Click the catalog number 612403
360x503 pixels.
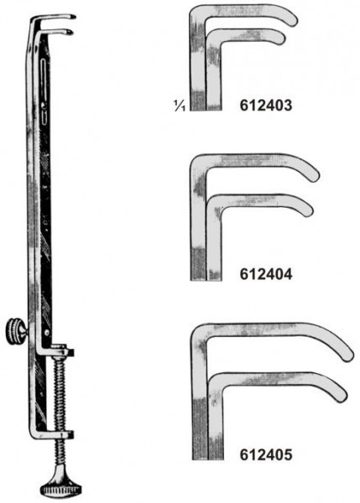pos(266,106)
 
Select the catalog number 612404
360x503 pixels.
pos(266,274)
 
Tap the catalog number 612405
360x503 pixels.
pos(266,454)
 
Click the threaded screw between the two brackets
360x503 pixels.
pos(60,394)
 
